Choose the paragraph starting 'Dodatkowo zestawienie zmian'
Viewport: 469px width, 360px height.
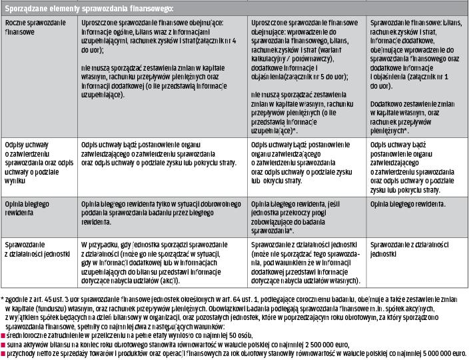click(413, 114)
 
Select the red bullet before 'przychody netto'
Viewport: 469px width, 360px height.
click(4, 353)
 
